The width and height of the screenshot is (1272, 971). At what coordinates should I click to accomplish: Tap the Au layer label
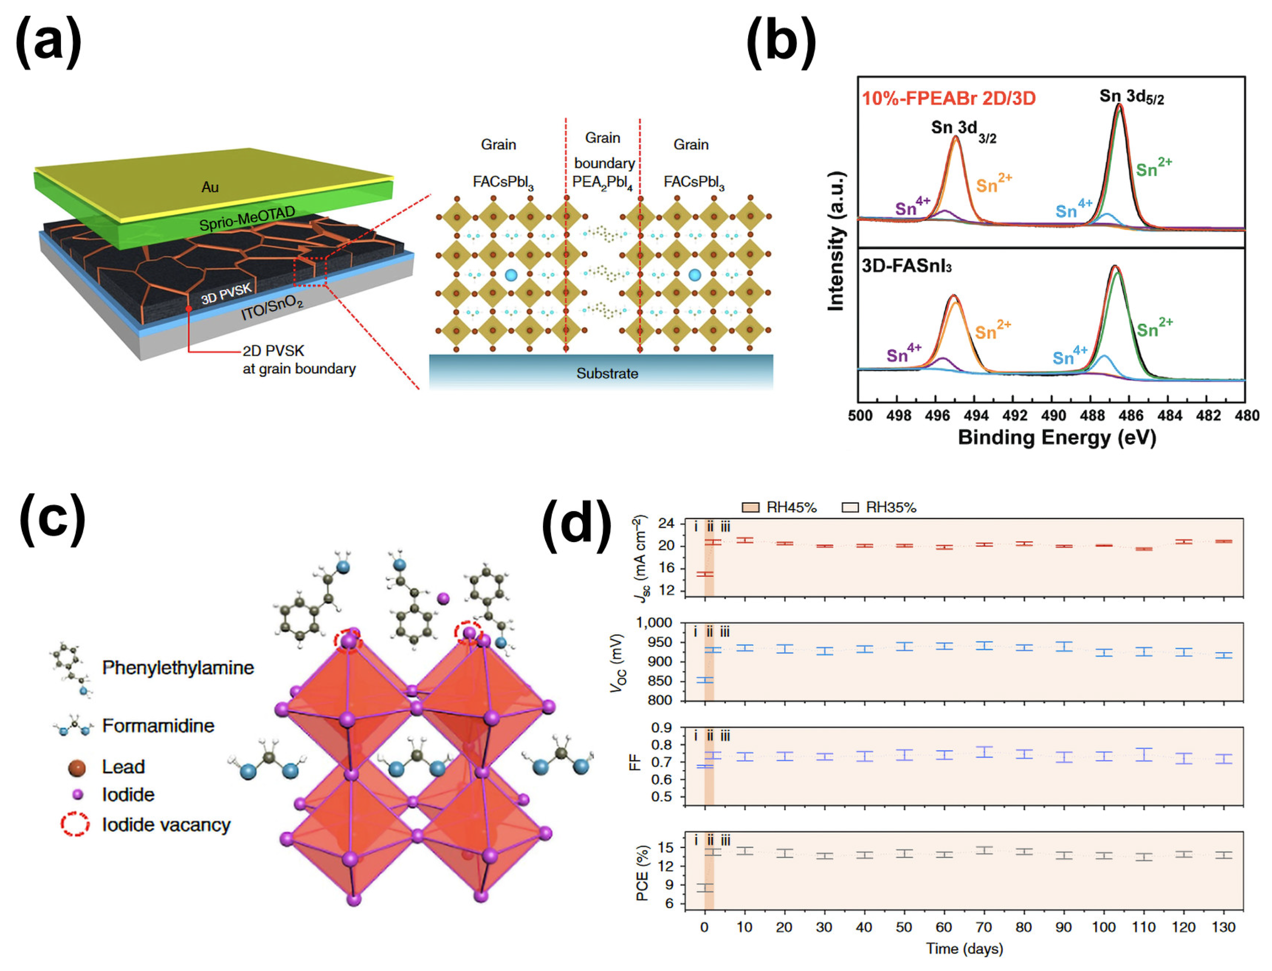(210, 187)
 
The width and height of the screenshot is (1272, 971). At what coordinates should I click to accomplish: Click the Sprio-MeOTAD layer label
(247, 219)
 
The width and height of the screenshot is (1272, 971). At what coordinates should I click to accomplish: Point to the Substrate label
(607, 373)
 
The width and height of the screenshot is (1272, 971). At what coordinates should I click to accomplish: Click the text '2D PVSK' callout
(273, 351)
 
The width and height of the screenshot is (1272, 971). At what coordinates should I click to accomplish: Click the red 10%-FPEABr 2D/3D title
(948, 98)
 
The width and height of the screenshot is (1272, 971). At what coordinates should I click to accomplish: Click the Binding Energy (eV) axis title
(1057, 438)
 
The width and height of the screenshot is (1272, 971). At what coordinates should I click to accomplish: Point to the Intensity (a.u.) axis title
(836, 241)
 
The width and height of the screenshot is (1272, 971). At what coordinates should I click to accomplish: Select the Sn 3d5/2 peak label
(1131, 96)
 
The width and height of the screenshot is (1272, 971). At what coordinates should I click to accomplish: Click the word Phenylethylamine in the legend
(178, 668)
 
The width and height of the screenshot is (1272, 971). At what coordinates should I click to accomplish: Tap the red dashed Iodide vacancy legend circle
(75, 824)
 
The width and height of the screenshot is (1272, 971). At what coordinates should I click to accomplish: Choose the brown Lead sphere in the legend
(77, 768)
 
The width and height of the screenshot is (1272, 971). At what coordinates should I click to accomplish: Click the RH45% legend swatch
(750, 507)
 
